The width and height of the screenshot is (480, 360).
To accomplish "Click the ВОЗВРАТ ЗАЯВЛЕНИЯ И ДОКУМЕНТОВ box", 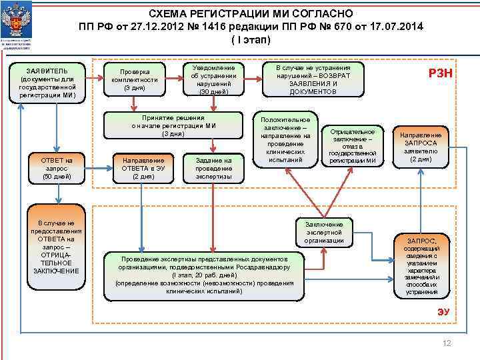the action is coord(313,79).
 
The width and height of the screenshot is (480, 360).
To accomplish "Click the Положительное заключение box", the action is coord(285,137).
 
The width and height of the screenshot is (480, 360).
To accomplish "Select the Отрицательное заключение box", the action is coord(353,145).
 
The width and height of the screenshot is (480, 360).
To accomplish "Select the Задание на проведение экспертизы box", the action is coord(214,168).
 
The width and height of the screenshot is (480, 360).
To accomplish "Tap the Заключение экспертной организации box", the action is coord(324,232).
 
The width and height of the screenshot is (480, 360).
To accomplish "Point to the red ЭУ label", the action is coord(443,311).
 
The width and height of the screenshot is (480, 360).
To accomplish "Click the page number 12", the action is coord(447,343).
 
